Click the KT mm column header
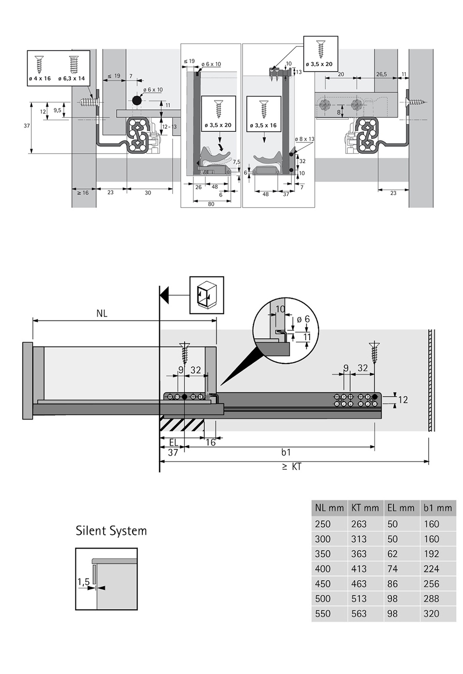pyautogui.click(x=365, y=508)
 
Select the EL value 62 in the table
pyautogui.click(x=393, y=554)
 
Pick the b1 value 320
pyautogui.click(x=431, y=614)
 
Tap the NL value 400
pyautogui.click(x=323, y=569)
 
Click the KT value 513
pyautogui.click(x=359, y=599)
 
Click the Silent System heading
pyautogui.click(x=111, y=531)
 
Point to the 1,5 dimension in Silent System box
pyautogui.click(x=83, y=582)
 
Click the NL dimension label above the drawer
pyautogui.click(x=102, y=313)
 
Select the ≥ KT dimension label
pyautogui.click(x=291, y=467)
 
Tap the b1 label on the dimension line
pyautogui.click(x=286, y=452)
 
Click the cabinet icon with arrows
pyautogui.click(x=206, y=295)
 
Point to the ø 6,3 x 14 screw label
pyautogui.click(x=71, y=78)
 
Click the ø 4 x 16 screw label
pyautogui.click(x=40, y=78)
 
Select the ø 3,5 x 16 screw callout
pyautogui.click(x=263, y=126)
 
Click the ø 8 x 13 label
pyautogui.click(x=305, y=139)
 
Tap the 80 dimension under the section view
pyautogui.click(x=211, y=204)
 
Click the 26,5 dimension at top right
pyautogui.click(x=381, y=74)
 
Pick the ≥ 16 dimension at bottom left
pyautogui.click(x=82, y=193)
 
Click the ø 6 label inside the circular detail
pyautogui.click(x=303, y=319)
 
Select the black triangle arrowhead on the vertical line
pyautogui.click(x=164, y=294)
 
